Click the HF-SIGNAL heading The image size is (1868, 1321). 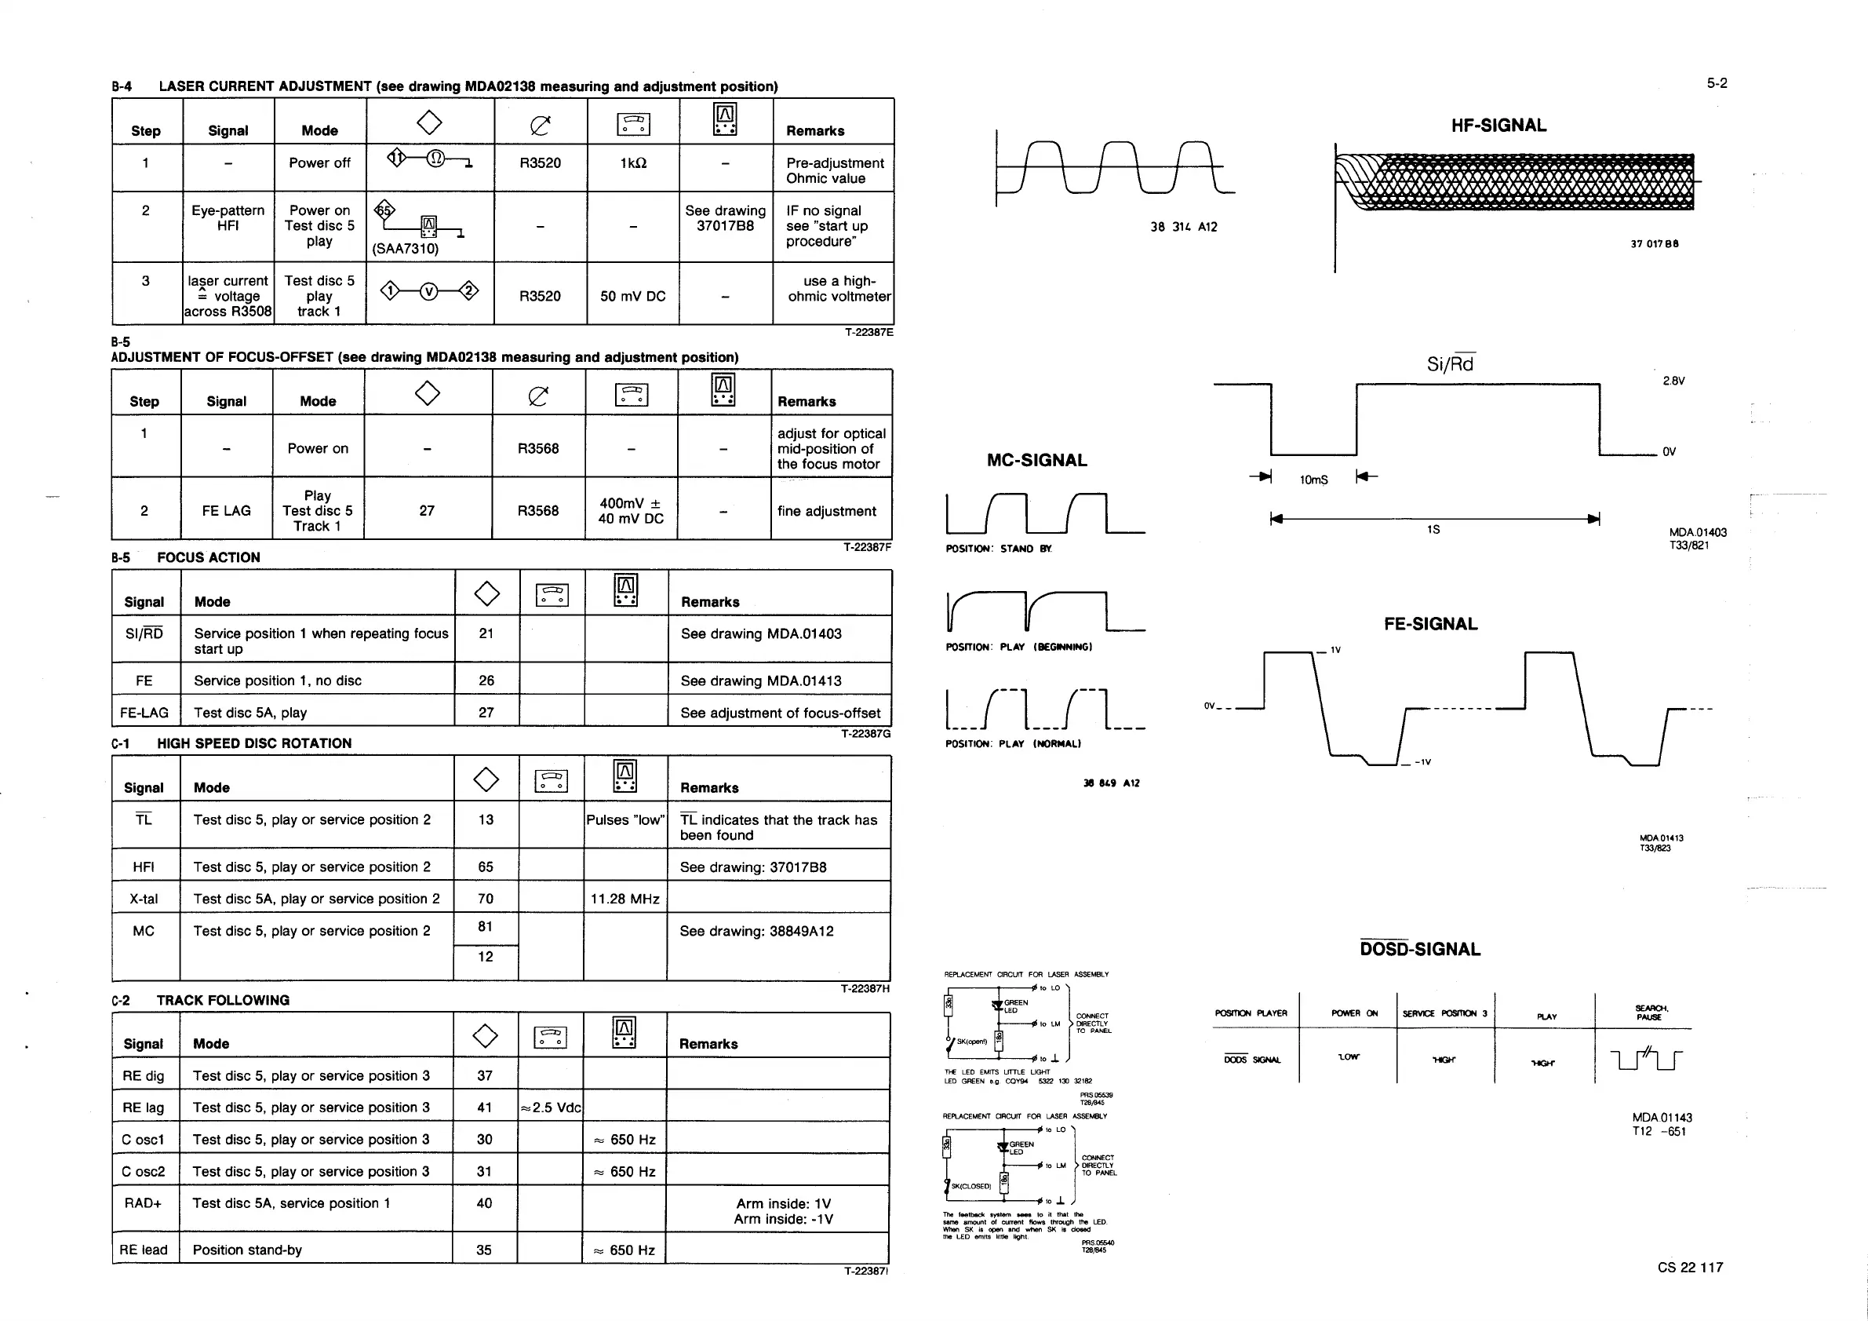(x=1498, y=126)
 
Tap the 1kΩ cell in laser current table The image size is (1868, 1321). (x=633, y=162)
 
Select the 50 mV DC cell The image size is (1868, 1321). (x=633, y=296)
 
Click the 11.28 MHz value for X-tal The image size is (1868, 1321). (x=624, y=899)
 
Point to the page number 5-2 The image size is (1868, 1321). (x=1717, y=83)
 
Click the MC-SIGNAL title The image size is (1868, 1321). (x=1036, y=461)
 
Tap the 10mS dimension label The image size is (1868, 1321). (x=1313, y=480)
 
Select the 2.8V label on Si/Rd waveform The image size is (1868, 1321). (x=1673, y=381)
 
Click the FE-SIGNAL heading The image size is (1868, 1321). (x=1430, y=624)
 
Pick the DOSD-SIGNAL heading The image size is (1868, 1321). (x=1420, y=949)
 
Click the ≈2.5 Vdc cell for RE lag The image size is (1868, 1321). (x=551, y=1108)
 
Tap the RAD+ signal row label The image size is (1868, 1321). (x=144, y=1203)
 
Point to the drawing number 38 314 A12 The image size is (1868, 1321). (x=1184, y=227)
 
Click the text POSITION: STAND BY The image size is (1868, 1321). (x=998, y=549)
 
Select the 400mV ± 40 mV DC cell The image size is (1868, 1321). (x=631, y=511)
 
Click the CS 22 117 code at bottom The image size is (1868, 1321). (x=1690, y=1268)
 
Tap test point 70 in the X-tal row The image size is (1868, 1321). (x=486, y=899)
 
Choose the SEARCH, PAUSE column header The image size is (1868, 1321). (x=1651, y=1013)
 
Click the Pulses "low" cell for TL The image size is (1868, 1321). (x=624, y=819)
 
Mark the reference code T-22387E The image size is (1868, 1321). (x=868, y=332)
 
